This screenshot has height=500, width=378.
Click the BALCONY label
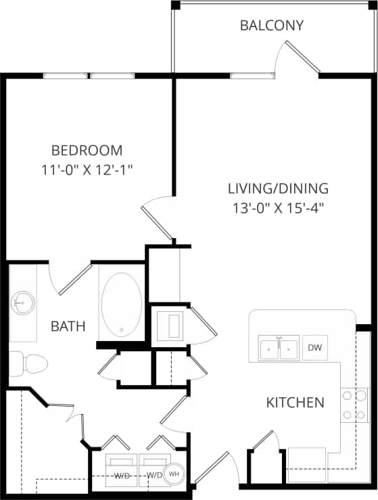pos(272,26)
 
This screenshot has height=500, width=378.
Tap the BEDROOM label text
pos(87,150)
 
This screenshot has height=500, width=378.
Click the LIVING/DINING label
pos(277,188)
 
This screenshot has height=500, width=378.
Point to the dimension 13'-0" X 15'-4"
pos(277,207)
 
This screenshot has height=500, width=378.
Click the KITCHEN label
pos(295,403)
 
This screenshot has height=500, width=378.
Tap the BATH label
pos(68,327)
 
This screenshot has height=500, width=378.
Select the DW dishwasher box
pos(314,348)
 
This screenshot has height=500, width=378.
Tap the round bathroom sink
pos(22,301)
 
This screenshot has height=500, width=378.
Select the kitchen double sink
pos(279,348)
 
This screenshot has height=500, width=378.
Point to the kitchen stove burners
pos(354,405)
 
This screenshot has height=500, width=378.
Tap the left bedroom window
pos(66,76)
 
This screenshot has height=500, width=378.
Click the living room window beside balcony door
pos(252,76)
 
